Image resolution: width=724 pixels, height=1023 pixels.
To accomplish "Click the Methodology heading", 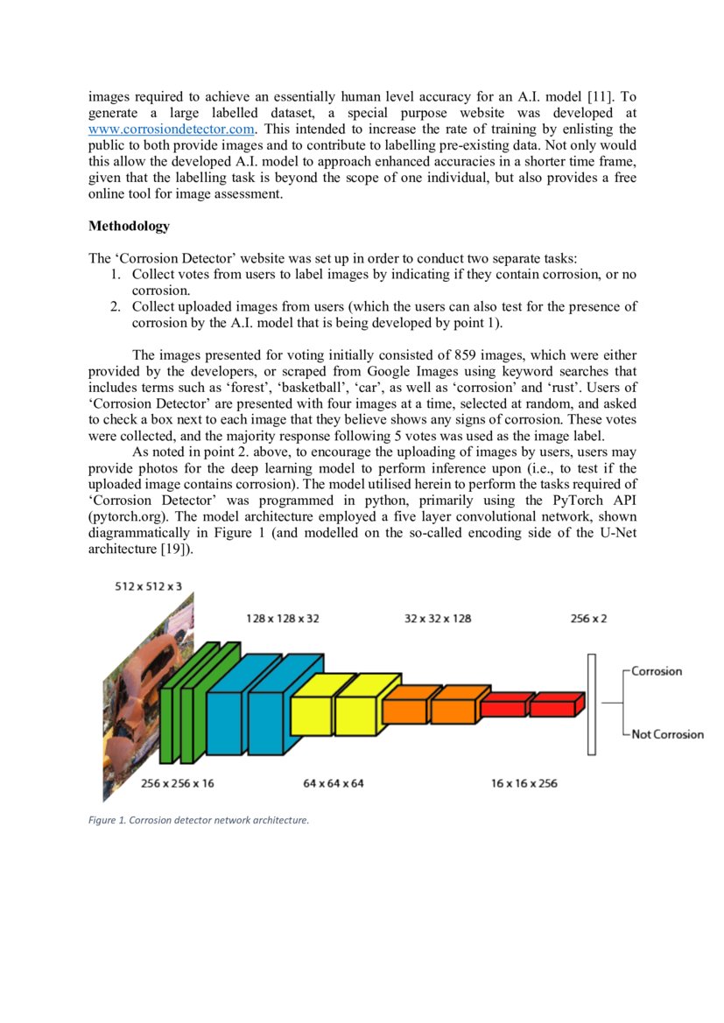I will click(129, 227).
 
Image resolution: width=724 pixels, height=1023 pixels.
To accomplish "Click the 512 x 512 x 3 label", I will click(149, 585).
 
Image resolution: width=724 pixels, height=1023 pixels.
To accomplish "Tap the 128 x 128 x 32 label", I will click(282, 618).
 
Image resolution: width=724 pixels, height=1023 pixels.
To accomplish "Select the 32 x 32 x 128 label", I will click(438, 618).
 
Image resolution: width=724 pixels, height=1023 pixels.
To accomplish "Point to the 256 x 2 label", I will click(588, 618).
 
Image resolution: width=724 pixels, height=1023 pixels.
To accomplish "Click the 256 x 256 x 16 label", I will click(177, 783).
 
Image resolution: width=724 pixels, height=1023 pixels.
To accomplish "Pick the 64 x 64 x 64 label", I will click(334, 783).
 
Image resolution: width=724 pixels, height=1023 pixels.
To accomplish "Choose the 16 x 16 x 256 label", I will click(524, 783).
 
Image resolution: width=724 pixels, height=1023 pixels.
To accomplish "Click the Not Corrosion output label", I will click(668, 734).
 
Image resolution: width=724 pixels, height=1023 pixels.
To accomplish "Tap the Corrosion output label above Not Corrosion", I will click(657, 671).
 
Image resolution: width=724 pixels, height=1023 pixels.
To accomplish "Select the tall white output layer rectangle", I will click(592, 704).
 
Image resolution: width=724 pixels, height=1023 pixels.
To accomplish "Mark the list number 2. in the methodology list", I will click(115, 307).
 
